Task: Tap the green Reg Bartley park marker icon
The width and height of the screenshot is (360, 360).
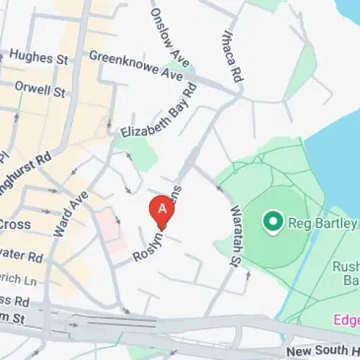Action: coord(273,222)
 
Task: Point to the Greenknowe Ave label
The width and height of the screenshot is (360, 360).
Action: coord(136,66)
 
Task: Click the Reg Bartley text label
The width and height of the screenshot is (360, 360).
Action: coord(323,224)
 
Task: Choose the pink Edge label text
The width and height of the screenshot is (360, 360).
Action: coord(346,319)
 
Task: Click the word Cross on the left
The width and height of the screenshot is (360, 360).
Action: coord(14,225)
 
